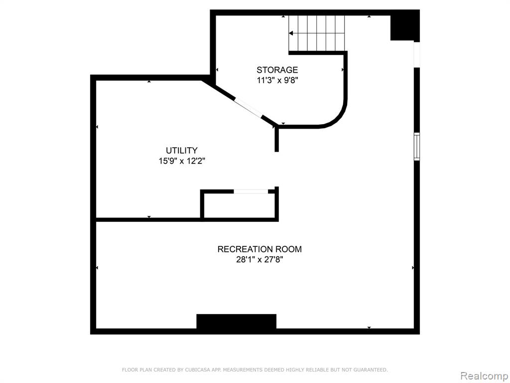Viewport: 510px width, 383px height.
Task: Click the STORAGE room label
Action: coord(277,70)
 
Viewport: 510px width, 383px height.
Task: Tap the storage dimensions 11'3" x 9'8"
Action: coord(277,80)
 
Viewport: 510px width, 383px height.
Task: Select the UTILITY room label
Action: coord(181,151)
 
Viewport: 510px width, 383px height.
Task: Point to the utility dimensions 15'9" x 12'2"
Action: coord(182,161)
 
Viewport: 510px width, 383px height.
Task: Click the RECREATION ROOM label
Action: coord(259,249)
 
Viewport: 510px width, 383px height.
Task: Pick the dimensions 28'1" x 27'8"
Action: coord(259,260)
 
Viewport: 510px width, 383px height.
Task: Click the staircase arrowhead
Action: coord(291,33)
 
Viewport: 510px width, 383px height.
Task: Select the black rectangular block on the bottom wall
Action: coord(237,322)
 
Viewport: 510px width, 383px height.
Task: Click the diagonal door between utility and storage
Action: coord(248,107)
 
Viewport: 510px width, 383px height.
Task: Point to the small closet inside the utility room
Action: coord(240,205)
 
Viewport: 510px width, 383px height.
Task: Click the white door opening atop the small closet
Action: coord(251,191)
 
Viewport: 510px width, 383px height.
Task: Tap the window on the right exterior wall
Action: coord(417,146)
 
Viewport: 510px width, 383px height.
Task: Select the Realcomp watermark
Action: coord(484,376)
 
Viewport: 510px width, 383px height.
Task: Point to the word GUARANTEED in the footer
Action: coord(369,370)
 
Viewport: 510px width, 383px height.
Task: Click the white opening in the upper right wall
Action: coord(417,55)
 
